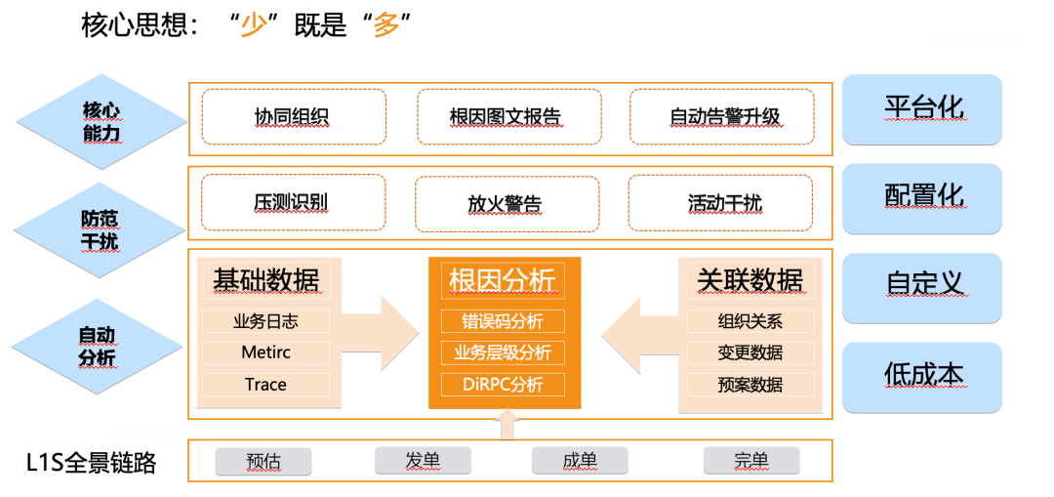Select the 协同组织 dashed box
click(x=293, y=117)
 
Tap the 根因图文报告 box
click(x=506, y=117)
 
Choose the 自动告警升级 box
click(x=724, y=117)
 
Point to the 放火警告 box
click(x=504, y=204)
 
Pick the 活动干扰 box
click(x=724, y=203)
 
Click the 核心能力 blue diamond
click(x=101, y=121)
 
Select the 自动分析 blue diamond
click(x=97, y=347)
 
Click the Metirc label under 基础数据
click(x=265, y=352)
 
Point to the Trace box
click(x=265, y=384)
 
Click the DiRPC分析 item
click(x=503, y=384)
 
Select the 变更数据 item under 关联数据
click(x=750, y=352)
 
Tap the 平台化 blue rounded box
click(x=922, y=107)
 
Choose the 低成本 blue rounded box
click(x=922, y=376)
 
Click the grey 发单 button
click(x=423, y=461)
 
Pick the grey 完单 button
click(x=750, y=461)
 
